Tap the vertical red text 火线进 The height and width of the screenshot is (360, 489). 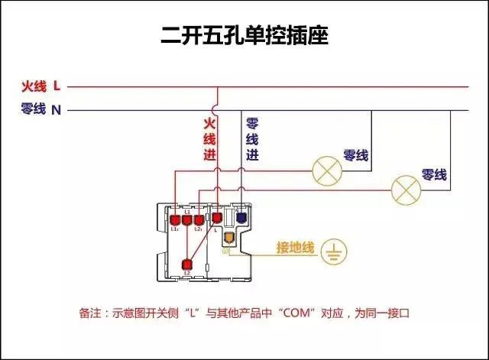(209, 138)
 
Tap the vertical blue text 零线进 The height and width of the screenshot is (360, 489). (252, 138)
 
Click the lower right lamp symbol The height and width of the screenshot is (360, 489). (405, 189)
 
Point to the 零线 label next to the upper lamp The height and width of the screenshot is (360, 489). (357, 155)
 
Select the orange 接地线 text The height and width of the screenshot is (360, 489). (295, 248)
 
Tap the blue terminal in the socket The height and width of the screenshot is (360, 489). (241, 218)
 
